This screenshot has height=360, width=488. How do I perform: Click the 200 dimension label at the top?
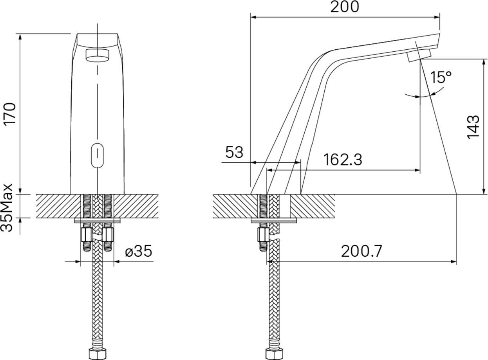coord(345,7)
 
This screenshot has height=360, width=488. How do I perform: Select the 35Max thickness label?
coord(6,207)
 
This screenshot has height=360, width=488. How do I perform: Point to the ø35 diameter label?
coord(139,251)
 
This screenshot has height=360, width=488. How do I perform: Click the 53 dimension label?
coord(234,152)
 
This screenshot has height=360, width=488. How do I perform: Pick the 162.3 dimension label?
coord(343,160)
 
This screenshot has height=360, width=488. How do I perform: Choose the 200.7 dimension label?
coord(361,251)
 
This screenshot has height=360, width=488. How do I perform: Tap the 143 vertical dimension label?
coord(473,127)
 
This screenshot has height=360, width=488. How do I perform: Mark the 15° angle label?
coord(441,77)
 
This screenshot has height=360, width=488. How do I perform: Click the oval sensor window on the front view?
coord(97,155)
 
